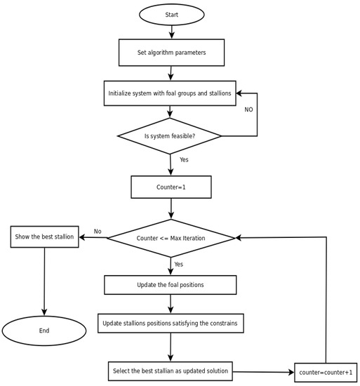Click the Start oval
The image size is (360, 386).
click(171, 14)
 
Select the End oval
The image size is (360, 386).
click(44, 330)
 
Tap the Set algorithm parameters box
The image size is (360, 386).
click(171, 53)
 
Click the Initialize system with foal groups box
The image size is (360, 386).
click(171, 93)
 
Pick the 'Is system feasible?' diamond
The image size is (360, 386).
click(170, 136)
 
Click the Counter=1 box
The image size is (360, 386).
click(171, 187)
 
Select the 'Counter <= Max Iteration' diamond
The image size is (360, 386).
click(171, 238)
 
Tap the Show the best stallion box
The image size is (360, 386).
click(44, 237)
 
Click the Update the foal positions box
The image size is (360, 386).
click(171, 285)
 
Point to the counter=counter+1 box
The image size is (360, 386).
click(326, 372)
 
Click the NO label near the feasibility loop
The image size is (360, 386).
click(248, 110)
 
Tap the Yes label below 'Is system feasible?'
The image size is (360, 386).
click(184, 160)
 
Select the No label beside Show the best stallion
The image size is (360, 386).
click(98, 232)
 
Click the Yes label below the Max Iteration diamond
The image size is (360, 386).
click(178, 265)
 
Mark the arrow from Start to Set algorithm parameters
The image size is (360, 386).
click(171, 32)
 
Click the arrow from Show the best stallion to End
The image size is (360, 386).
click(44, 281)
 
